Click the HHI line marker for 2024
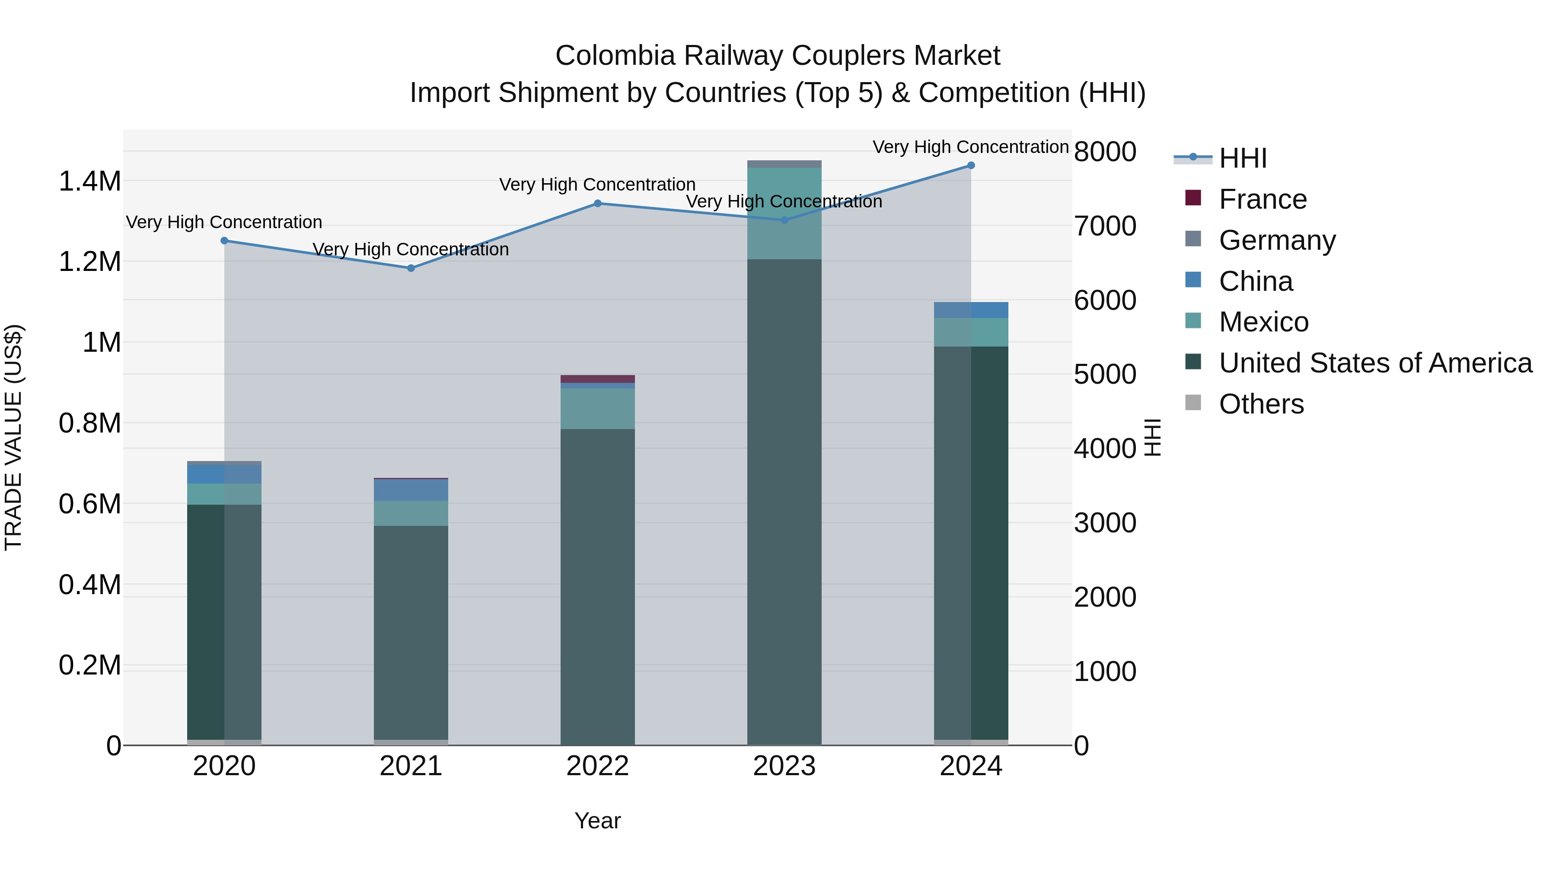click(x=971, y=165)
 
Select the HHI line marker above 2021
click(x=411, y=268)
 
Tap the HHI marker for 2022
click(x=597, y=204)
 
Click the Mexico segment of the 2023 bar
click(x=784, y=214)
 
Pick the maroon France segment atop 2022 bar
click(x=597, y=379)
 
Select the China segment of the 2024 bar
click(x=971, y=310)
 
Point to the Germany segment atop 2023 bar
click(x=784, y=164)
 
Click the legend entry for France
click(x=1263, y=199)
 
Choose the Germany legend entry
click(x=1277, y=240)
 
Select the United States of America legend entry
click(x=1375, y=363)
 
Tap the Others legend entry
click(x=1261, y=404)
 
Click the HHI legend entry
click(x=1243, y=158)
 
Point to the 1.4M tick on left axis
click(x=89, y=181)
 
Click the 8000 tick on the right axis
click(x=1105, y=152)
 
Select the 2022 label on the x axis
click(x=597, y=766)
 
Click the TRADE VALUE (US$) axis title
click(x=13, y=437)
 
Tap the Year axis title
click(x=597, y=821)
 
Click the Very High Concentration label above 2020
click(x=223, y=222)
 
